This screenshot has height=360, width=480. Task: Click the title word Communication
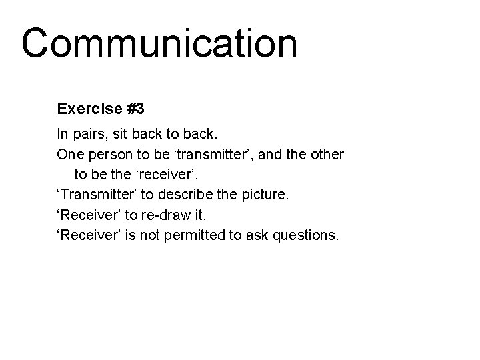coord(159,44)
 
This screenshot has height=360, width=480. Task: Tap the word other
coord(327,155)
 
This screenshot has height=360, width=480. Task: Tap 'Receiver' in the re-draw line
coord(87,215)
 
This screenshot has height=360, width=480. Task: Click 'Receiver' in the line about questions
coord(87,235)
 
